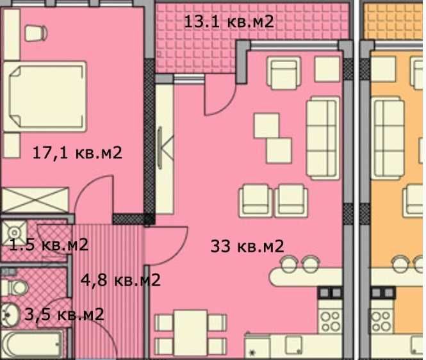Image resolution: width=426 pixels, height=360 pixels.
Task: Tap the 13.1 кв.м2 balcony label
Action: tap(229, 21)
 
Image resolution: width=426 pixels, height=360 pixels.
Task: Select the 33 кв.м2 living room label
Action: tap(247, 245)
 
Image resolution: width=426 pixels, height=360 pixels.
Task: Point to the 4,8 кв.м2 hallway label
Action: tap(120, 280)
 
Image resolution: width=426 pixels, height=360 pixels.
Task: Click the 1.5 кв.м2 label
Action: tap(49, 244)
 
